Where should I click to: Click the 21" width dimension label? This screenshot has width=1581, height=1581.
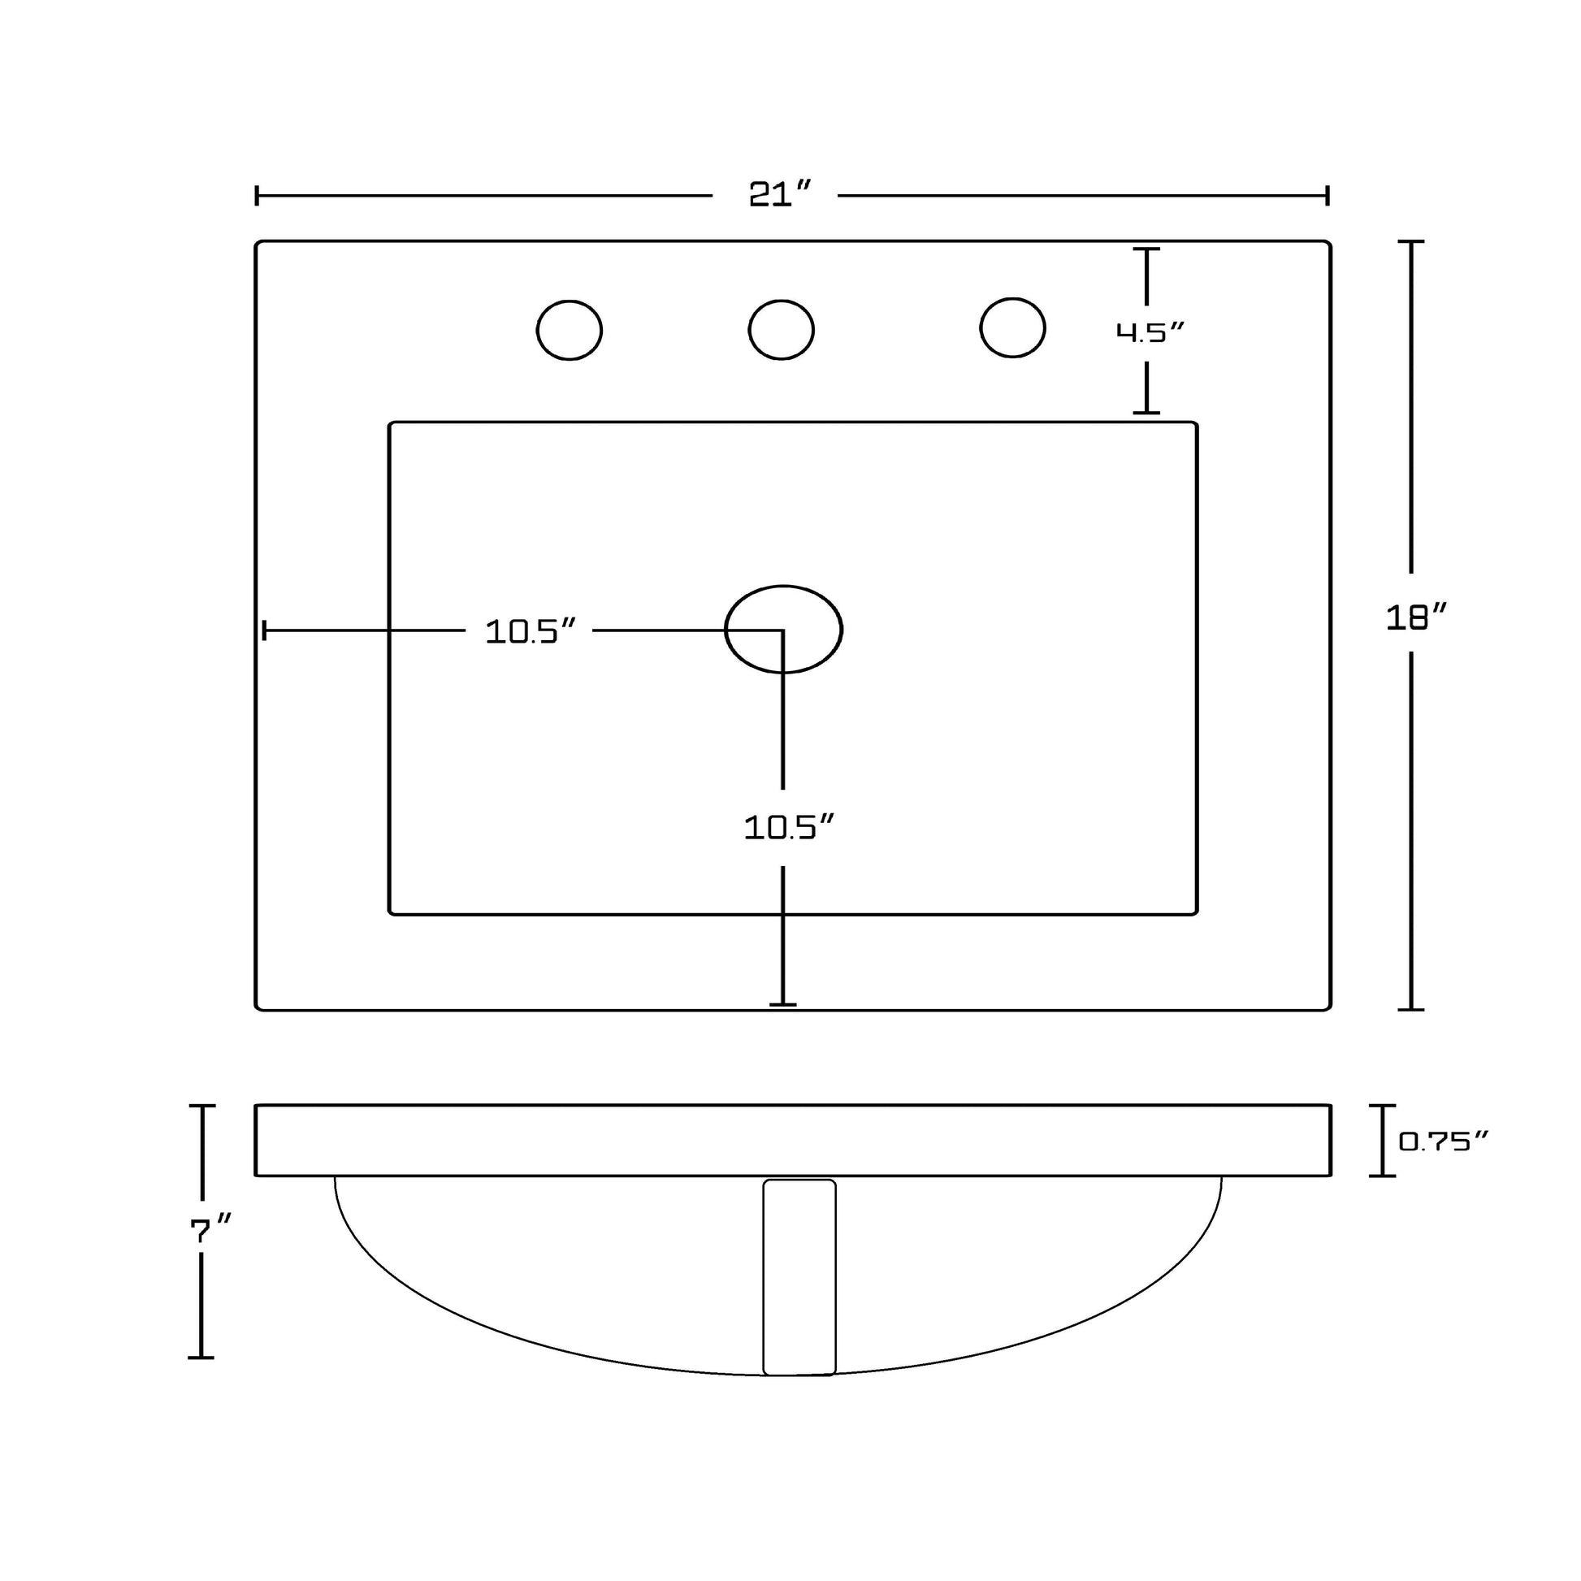pyautogui.click(x=780, y=195)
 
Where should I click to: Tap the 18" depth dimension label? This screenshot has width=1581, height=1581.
pyautogui.click(x=1417, y=617)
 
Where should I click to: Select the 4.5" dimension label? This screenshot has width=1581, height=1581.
pyautogui.click(x=1150, y=332)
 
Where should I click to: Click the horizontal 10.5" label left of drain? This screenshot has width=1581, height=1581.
pyautogui.click(x=531, y=632)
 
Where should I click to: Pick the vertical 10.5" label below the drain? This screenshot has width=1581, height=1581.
pyautogui.click(x=789, y=828)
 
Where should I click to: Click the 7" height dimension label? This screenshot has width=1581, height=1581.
pyautogui.click(x=210, y=1231)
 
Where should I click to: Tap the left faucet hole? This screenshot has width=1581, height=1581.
pyautogui.click(x=570, y=330)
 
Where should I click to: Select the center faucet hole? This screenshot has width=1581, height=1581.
pyautogui.click(x=781, y=329)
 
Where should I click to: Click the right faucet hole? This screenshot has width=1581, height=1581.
pyautogui.click(x=1012, y=327)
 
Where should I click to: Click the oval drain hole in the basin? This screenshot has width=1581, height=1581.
pyautogui.click(x=783, y=630)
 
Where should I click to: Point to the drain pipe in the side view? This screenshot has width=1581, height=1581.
pyautogui.click(x=799, y=1276)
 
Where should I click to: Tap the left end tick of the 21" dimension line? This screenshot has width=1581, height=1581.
pyautogui.click(x=257, y=196)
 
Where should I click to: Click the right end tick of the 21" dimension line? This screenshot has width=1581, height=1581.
pyautogui.click(x=1328, y=196)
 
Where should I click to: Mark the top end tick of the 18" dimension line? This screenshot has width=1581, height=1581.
pyautogui.click(x=1410, y=242)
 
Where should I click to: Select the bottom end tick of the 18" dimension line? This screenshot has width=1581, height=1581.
pyautogui.click(x=1410, y=1009)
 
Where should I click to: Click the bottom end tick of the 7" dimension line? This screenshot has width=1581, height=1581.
pyautogui.click(x=201, y=1358)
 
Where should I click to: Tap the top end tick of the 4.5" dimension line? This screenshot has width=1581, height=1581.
pyautogui.click(x=1146, y=249)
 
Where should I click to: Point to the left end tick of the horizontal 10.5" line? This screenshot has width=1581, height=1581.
pyautogui.click(x=263, y=631)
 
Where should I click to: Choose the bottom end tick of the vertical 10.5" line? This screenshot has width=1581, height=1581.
pyautogui.click(x=783, y=1004)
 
